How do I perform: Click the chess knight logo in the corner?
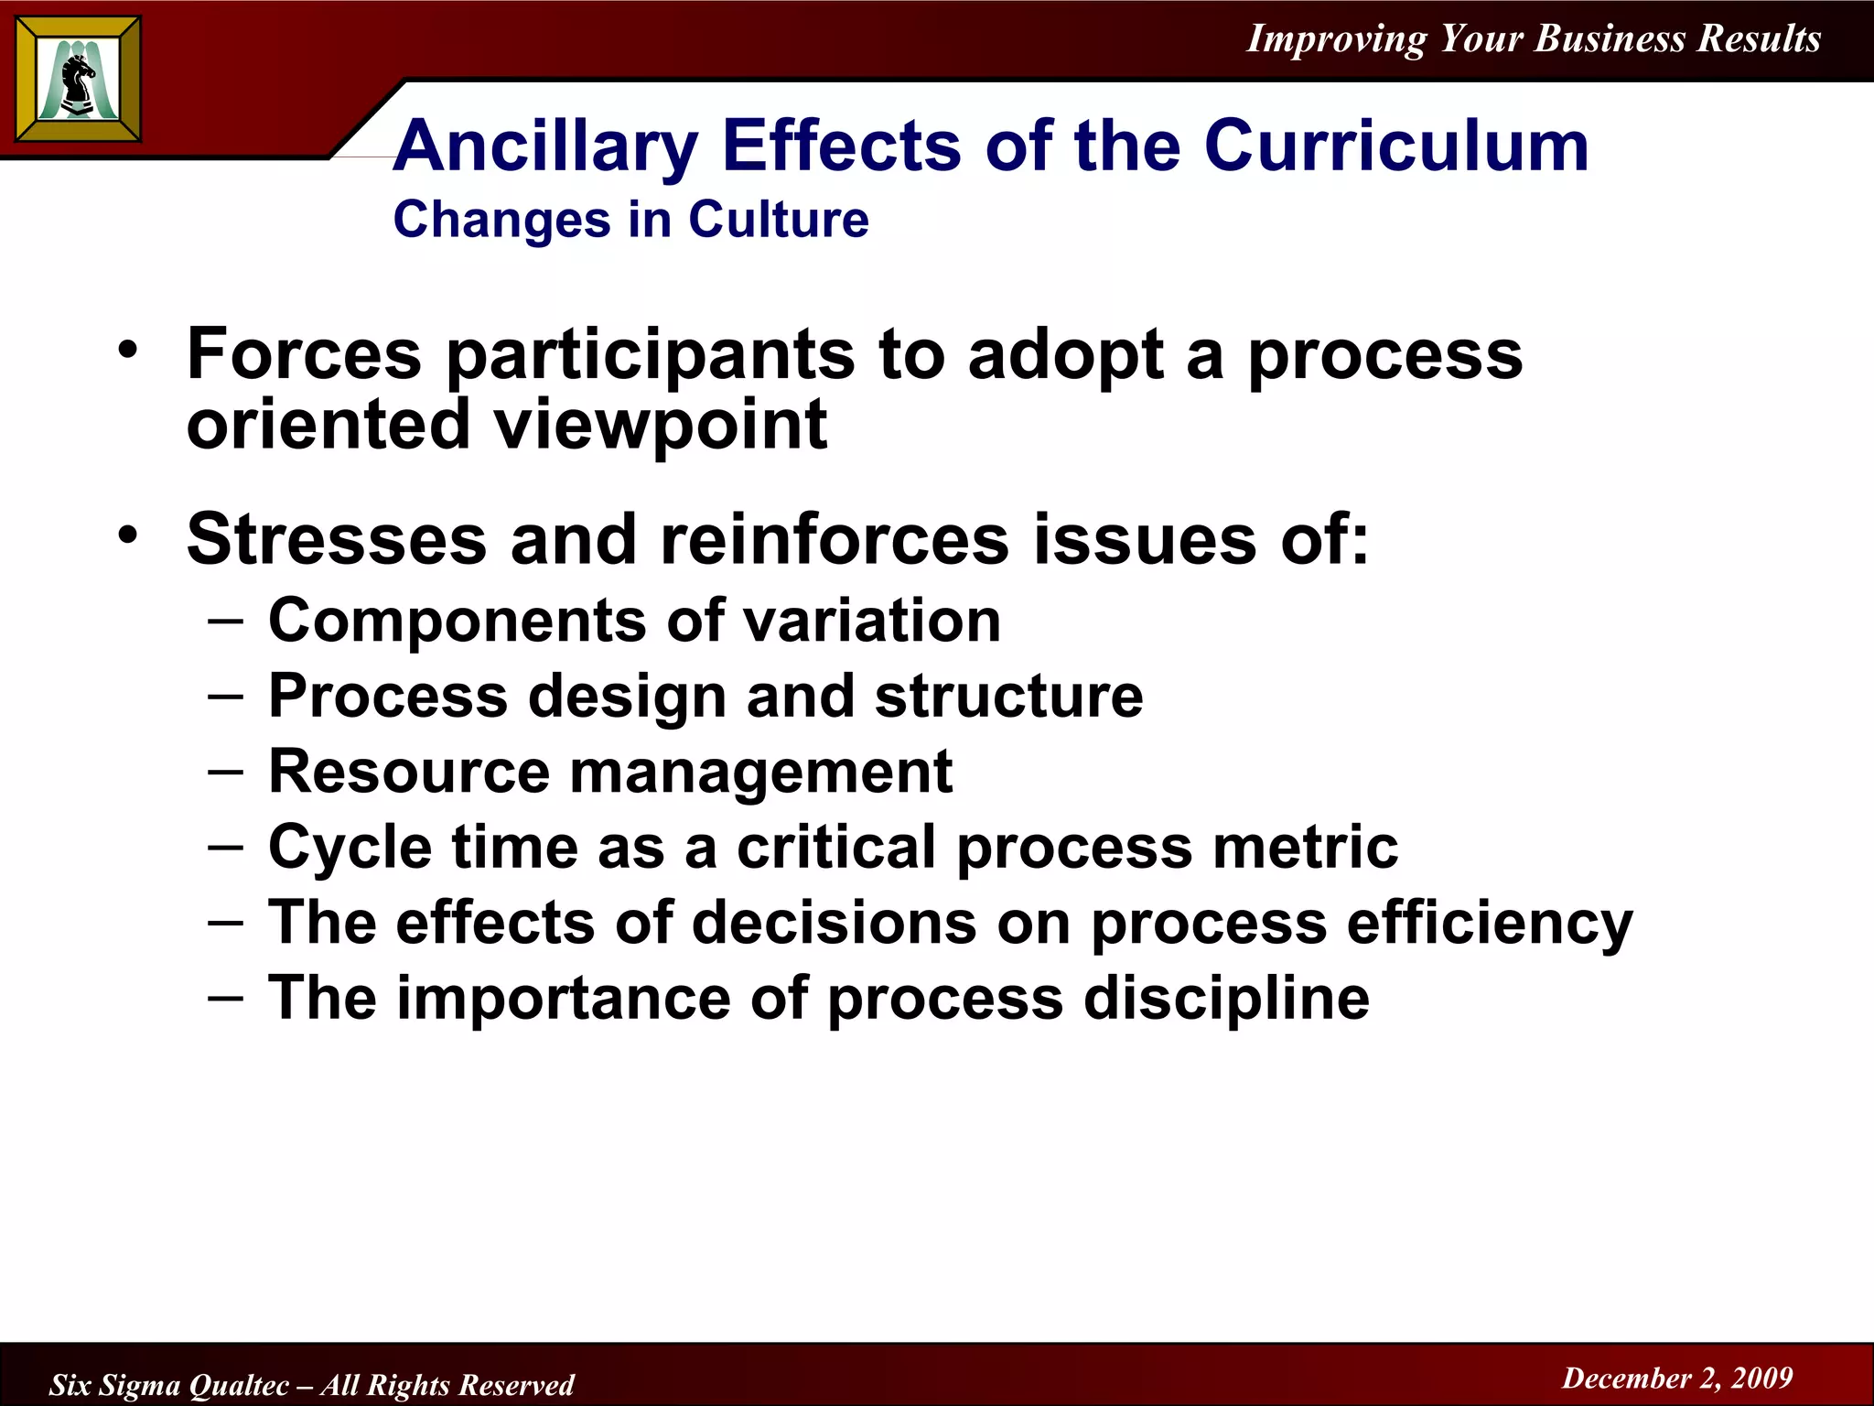pyautogui.click(x=78, y=79)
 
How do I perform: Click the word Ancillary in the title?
pyautogui.click(x=546, y=146)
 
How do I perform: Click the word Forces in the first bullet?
pyautogui.click(x=304, y=354)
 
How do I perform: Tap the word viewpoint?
pyautogui.click(x=661, y=425)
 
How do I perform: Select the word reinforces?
pyautogui.click(x=835, y=539)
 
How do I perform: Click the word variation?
pyautogui.click(x=871, y=622)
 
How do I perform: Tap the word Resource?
pyautogui.click(x=408, y=772)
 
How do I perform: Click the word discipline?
pyautogui.click(x=1226, y=998)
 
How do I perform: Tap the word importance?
pyautogui.click(x=564, y=998)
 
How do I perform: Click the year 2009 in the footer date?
pyautogui.click(x=1762, y=1378)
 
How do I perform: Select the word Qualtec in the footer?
pyautogui.click(x=239, y=1385)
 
